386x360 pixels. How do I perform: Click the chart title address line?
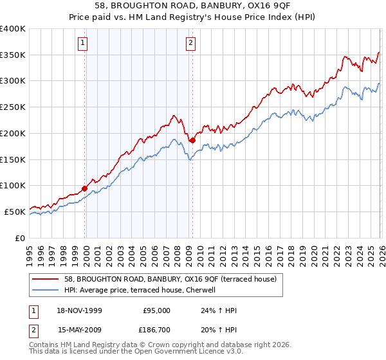tap(192, 6)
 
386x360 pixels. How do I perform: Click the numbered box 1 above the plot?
tap(84, 44)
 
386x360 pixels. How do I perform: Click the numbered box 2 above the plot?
tap(192, 44)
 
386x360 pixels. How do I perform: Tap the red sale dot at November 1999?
tap(85, 188)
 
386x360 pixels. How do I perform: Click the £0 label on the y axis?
tap(19, 238)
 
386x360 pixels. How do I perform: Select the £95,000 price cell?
tap(156, 310)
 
